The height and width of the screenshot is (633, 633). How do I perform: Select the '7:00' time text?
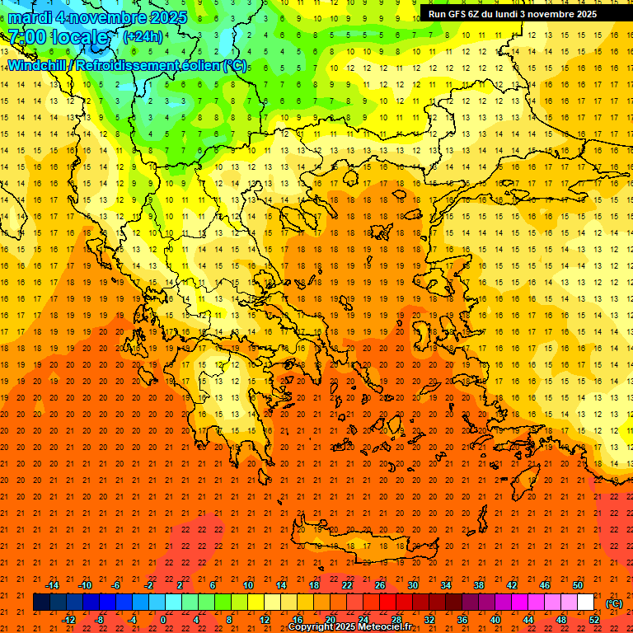click(26, 37)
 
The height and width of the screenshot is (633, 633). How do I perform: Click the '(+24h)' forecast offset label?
click(143, 36)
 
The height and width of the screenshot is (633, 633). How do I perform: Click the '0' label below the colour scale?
click(163, 620)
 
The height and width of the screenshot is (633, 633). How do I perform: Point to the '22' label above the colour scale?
click(347, 585)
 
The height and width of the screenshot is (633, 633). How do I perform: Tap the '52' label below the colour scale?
click(594, 620)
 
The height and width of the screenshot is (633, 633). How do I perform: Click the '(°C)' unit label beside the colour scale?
click(614, 603)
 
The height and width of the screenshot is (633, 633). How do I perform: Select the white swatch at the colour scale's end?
click(586, 603)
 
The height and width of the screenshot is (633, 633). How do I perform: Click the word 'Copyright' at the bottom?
click(311, 627)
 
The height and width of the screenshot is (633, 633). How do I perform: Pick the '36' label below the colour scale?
click(462, 620)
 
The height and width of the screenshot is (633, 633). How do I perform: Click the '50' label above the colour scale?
click(578, 585)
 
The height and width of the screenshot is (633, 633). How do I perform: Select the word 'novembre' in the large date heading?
click(108, 16)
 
